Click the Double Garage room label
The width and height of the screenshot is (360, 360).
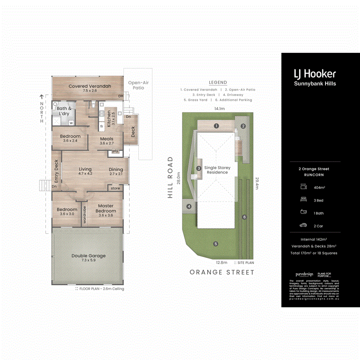click(88, 256)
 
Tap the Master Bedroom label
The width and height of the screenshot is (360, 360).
click(106, 208)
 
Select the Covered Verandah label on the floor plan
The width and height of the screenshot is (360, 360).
click(90, 86)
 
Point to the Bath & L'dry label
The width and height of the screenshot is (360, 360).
click(64, 111)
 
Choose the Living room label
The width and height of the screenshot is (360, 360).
click(85, 169)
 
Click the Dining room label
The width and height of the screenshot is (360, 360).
click(116, 169)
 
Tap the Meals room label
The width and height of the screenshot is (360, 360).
click(106, 139)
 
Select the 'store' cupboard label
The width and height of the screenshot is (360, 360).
click(115, 188)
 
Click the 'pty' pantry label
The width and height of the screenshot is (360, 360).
click(115, 151)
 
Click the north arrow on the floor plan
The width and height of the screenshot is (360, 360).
click(41, 96)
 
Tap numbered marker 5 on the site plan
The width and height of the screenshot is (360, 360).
click(216, 244)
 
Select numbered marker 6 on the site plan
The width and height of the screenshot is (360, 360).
click(244, 217)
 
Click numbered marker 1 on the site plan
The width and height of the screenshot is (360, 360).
click(216, 126)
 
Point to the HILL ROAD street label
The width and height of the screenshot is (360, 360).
click(170, 177)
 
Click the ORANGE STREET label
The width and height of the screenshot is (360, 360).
click(222, 272)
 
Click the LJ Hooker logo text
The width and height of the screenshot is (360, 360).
click(314, 74)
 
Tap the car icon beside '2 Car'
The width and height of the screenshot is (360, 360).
click(303, 226)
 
